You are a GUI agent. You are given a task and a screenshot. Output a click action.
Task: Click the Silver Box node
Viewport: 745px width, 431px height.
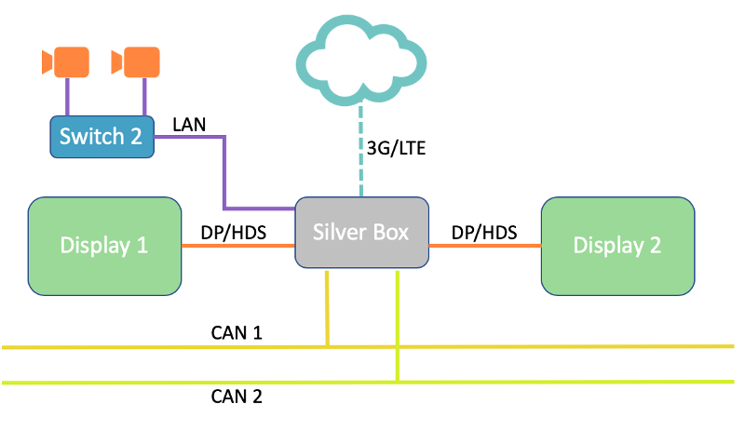362,233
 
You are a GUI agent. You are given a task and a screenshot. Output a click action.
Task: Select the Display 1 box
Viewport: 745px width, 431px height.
104,246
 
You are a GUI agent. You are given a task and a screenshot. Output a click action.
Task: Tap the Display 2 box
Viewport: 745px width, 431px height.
617,246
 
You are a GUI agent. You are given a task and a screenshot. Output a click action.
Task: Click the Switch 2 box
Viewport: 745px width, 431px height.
101,136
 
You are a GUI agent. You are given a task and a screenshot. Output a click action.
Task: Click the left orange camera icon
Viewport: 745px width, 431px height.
66,62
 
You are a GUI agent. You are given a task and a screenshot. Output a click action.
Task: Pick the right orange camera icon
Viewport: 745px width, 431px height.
136,62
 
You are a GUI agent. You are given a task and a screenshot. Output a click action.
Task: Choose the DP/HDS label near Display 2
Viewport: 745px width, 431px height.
484,233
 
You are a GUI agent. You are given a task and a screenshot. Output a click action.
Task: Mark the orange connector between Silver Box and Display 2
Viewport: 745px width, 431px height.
484,246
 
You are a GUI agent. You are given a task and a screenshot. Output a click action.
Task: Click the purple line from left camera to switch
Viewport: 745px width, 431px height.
66,96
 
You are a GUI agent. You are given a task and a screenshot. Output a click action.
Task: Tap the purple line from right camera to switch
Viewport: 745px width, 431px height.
144,96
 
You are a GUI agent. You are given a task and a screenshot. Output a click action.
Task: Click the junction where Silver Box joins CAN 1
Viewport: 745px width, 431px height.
328,346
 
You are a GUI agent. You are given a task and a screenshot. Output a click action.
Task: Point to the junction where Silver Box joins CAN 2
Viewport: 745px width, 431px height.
398,382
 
